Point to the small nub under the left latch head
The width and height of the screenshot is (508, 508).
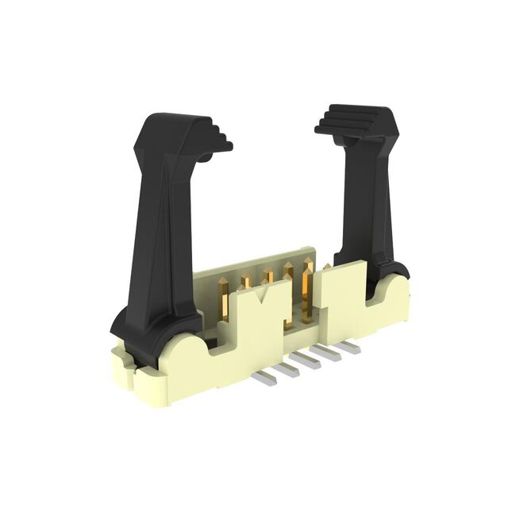(205, 157)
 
